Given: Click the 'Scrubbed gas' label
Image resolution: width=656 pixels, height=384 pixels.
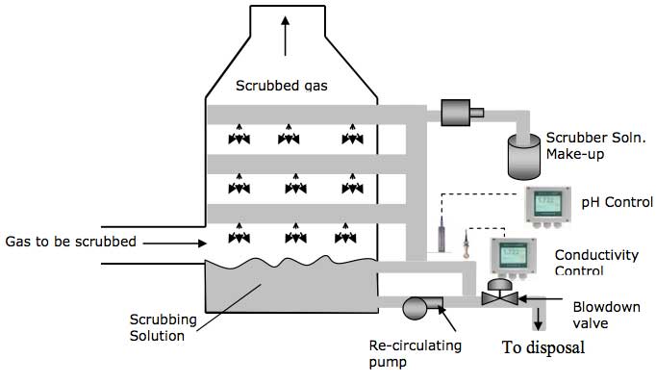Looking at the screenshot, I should coord(282,86).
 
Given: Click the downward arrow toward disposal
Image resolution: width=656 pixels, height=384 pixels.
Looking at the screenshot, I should coord(537,317).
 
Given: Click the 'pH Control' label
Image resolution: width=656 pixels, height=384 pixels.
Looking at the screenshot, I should coord(616,203).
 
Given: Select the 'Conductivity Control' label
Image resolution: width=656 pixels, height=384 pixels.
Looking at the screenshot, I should coord(596,262).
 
